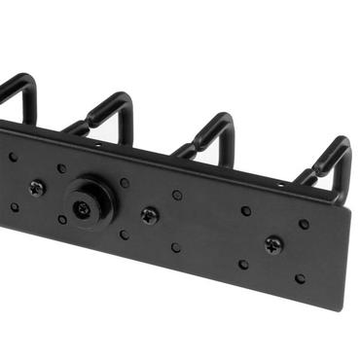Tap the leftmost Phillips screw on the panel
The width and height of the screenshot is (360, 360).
pyautogui.click(x=37, y=189)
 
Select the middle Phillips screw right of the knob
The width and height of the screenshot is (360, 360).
pyautogui.click(x=149, y=215)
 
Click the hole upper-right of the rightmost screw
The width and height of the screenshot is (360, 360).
pyautogui.click(x=304, y=224)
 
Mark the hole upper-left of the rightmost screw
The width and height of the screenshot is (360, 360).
pyautogui.click(x=246, y=210)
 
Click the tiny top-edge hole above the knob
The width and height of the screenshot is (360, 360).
pyautogui.click(x=97, y=146)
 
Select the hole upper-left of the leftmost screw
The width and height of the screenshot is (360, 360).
pyautogui.click(x=13, y=157)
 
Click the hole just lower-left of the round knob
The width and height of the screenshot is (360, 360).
pyautogui.click(x=61, y=220)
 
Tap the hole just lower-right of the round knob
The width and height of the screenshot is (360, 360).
pyautogui.click(x=124, y=234)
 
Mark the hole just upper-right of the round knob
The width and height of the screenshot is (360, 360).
pyautogui.click(x=125, y=182)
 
